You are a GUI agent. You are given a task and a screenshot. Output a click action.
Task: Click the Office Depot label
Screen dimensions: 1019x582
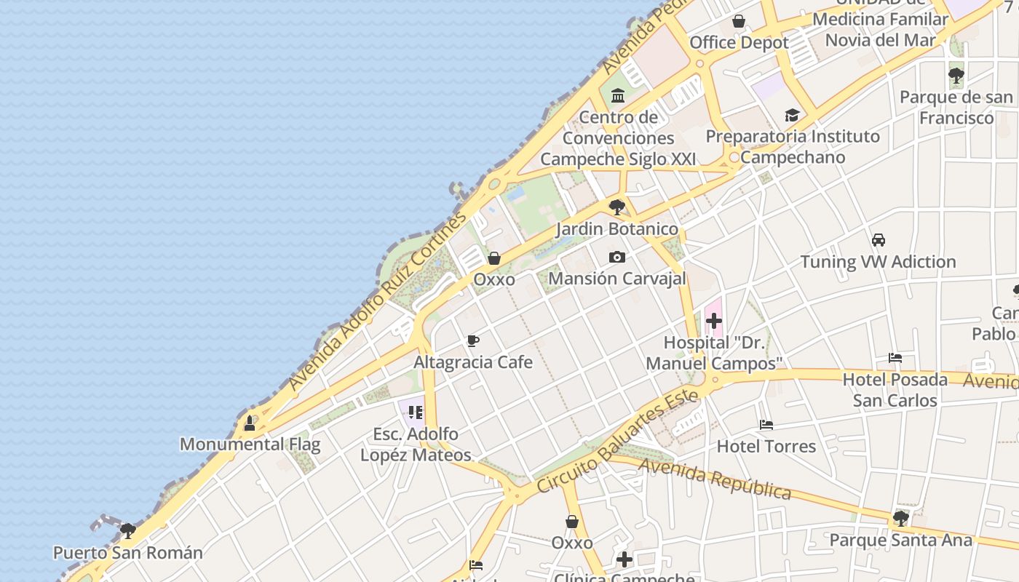(x=739, y=43)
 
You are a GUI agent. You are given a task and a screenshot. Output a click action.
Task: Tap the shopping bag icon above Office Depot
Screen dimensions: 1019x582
(x=739, y=21)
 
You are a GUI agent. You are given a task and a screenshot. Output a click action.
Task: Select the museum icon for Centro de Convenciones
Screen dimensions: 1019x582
(x=618, y=95)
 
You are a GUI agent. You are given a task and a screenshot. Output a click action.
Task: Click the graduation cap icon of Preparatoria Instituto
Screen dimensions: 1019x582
(x=792, y=115)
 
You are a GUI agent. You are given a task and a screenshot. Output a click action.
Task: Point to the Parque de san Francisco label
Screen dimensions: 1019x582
(x=956, y=107)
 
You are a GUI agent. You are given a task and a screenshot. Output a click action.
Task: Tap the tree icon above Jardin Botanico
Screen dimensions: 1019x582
(x=617, y=207)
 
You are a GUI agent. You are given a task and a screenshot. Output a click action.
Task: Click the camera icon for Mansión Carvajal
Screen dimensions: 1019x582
(x=617, y=257)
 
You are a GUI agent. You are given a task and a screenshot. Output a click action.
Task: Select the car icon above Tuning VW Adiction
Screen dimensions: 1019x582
(x=879, y=240)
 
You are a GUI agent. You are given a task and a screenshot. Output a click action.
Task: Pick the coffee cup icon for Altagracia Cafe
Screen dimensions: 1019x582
(x=473, y=340)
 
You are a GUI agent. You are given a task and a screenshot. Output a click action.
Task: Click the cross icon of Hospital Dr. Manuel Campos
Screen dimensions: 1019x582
(x=714, y=320)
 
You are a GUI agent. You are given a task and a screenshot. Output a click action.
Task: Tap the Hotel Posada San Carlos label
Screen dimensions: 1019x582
(x=895, y=390)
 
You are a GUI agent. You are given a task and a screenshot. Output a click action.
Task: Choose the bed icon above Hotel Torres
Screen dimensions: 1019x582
(x=766, y=425)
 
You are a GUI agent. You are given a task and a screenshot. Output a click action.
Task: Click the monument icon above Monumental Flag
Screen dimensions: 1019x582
(x=250, y=423)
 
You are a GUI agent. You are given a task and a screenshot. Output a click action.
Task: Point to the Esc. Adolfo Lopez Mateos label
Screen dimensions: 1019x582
(x=416, y=445)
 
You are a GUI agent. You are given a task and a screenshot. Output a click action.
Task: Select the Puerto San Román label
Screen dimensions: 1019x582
(x=128, y=552)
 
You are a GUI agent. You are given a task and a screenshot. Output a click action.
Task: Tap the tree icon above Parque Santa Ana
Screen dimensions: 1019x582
(x=900, y=519)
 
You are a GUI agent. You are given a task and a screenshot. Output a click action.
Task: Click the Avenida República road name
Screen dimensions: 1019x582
(x=715, y=478)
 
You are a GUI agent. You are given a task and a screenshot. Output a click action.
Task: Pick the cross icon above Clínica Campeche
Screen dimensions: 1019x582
(x=625, y=559)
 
